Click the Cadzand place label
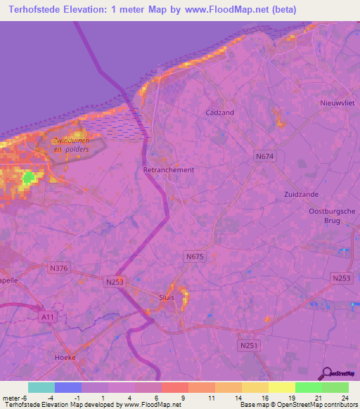coord(219,112)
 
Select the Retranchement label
coord(169,170)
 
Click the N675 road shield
coord(194,257)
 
